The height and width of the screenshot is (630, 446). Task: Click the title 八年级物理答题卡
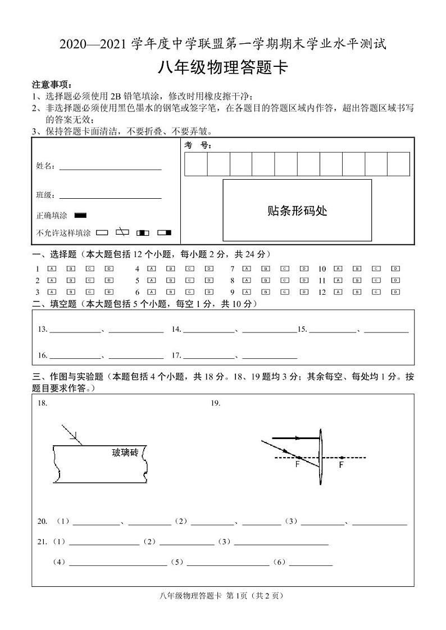coord(223,68)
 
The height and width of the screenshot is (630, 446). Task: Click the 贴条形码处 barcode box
coord(297,211)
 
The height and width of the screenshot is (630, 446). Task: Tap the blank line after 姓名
coord(110,167)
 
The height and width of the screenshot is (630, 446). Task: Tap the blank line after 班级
coord(110,196)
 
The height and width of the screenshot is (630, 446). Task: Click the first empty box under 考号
coord(196,164)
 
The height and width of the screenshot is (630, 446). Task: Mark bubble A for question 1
coord(52,269)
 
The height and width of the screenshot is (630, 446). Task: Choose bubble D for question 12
coord(395,292)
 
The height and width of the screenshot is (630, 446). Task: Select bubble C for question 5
coord(190,280)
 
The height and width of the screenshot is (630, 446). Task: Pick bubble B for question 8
coord(266,280)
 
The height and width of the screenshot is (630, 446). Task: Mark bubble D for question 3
coord(108,292)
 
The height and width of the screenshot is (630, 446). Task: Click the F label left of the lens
coord(297,465)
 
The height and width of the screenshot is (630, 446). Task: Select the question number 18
coord(42,403)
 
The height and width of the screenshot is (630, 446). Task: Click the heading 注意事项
coord(52,85)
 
